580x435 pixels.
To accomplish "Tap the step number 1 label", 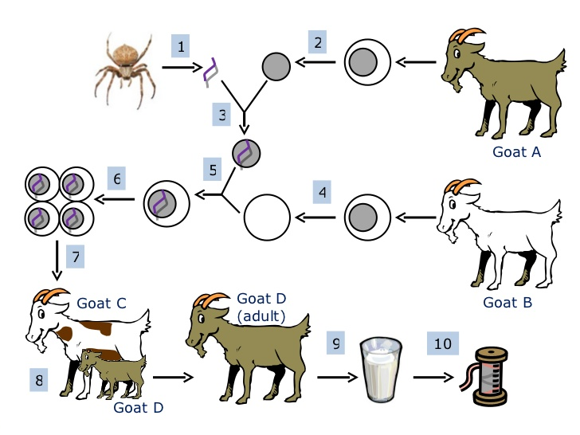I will click(182, 47).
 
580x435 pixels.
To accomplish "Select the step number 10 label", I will click(442, 346).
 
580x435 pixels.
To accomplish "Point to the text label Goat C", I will click(101, 304).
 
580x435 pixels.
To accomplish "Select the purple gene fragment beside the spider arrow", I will click(211, 71).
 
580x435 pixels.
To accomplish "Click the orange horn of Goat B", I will click(460, 186).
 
